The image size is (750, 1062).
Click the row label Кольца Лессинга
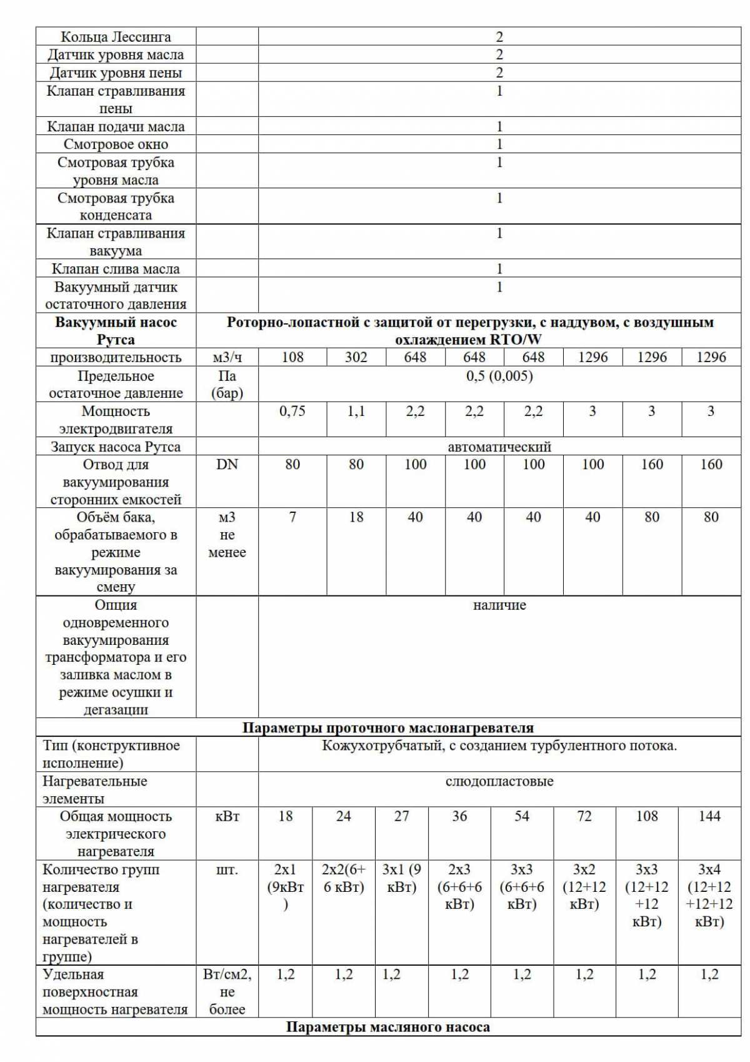[x=116, y=37]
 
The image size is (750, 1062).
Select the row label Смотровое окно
[x=116, y=144]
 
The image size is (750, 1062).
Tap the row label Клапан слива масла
[x=116, y=269]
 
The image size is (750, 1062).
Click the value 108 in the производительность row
[x=292, y=357]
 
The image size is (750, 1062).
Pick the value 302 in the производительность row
[x=356, y=357]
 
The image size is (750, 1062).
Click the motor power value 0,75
[x=292, y=411]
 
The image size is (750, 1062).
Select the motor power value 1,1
[x=356, y=411]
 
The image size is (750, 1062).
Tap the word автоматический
[x=499, y=447]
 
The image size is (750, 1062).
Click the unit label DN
[x=227, y=464]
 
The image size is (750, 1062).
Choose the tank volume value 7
[x=292, y=517]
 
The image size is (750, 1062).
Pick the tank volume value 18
[x=356, y=517]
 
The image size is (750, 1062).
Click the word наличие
[x=499, y=605]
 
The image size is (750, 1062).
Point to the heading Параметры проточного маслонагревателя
[x=388, y=727]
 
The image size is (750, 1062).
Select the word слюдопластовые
[x=499, y=781]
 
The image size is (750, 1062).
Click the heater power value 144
[x=709, y=816]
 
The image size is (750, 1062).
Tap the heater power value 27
[x=401, y=816]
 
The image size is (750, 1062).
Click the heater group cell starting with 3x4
[x=709, y=895]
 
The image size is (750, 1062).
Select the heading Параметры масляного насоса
[x=388, y=1027]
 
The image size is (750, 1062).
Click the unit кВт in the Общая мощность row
[x=227, y=816]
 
